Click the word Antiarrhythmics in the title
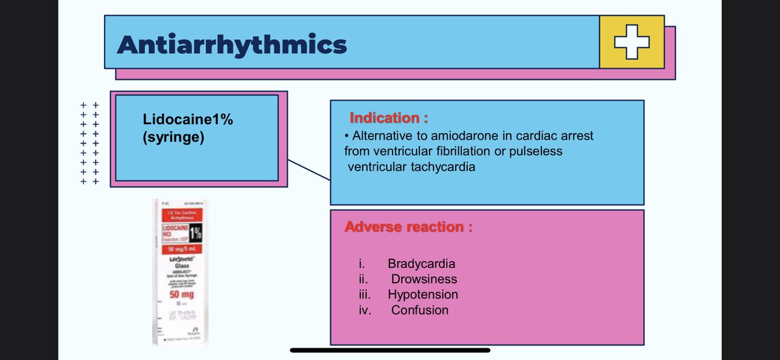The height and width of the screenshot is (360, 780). pos(232,45)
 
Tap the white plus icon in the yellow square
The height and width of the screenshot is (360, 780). pos(632,43)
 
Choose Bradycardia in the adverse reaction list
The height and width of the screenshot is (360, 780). pos(421,264)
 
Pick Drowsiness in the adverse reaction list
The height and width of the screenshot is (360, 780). pos(424,279)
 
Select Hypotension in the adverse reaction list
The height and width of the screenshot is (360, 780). pos(422,295)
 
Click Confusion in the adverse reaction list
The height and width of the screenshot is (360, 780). pos(419,311)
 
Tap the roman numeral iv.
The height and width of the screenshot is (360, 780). pos(364,311)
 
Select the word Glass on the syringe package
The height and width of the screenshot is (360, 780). pos(175,265)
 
